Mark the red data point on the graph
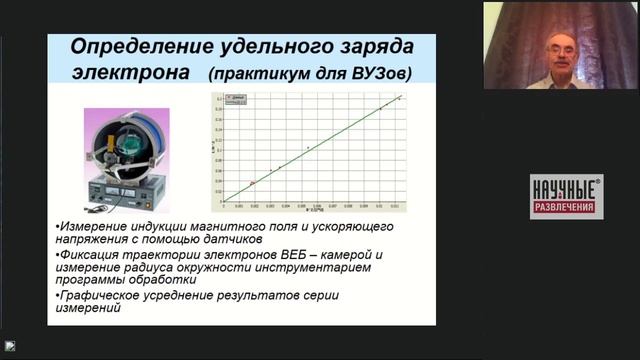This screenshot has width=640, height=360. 252,183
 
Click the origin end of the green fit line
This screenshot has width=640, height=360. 226,199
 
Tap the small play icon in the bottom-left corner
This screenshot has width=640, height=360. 9,346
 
